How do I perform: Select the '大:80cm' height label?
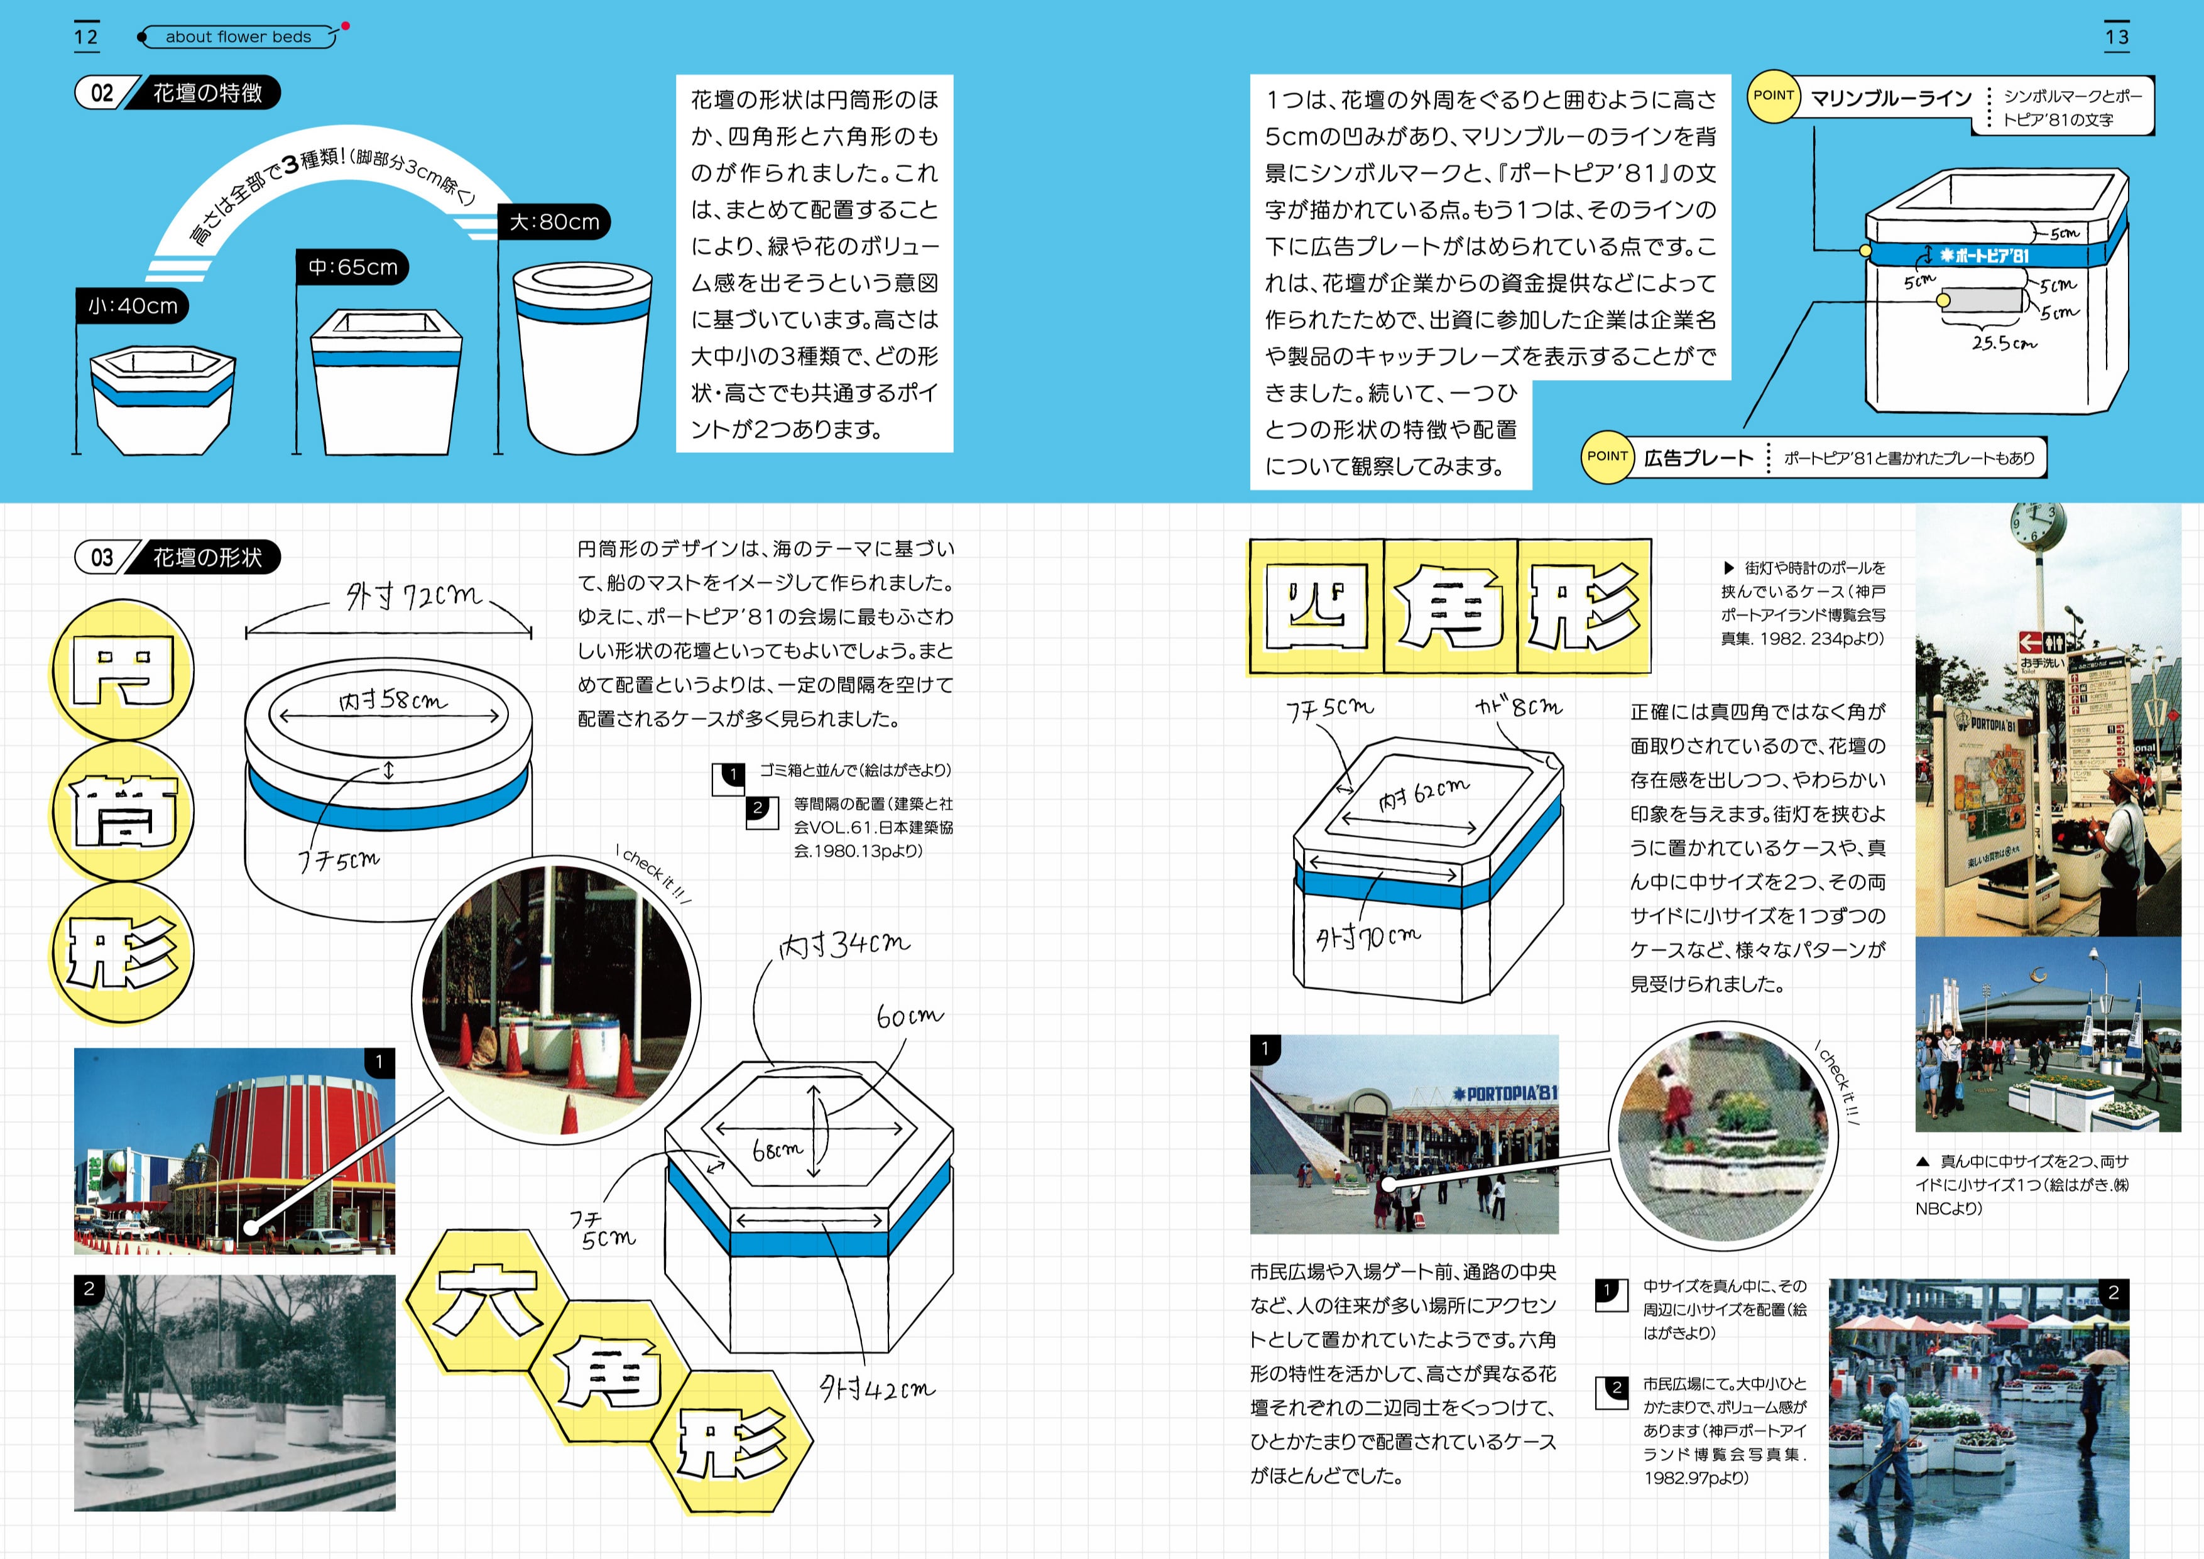[x=555, y=222]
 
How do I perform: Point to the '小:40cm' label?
[x=133, y=307]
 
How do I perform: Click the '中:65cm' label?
[x=352, y=267]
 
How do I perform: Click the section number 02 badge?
[x=102, y=93]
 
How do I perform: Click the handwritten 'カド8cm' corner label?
[x=1519, y=707]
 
